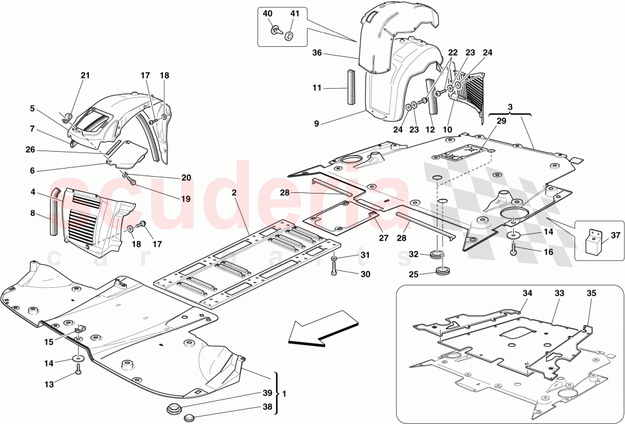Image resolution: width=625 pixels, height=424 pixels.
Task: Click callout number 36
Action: tap(316, 54)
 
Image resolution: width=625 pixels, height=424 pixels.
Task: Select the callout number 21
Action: tap(85, 76)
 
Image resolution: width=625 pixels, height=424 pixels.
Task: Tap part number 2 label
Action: tap(233, 194)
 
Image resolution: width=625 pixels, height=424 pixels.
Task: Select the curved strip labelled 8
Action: tap(54, 212)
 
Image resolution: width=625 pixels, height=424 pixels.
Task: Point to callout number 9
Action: tap(316, 124)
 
